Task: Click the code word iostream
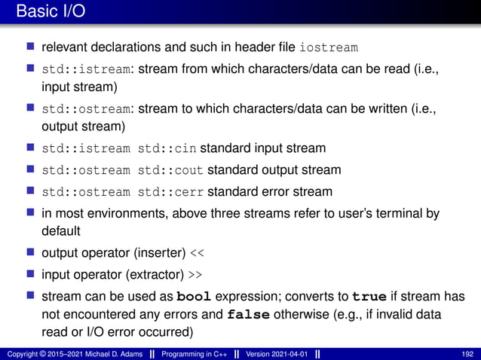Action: click(x=328, y=48)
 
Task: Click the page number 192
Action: click(x=467, y=353)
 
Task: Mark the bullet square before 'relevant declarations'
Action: click(x=31, y=48)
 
